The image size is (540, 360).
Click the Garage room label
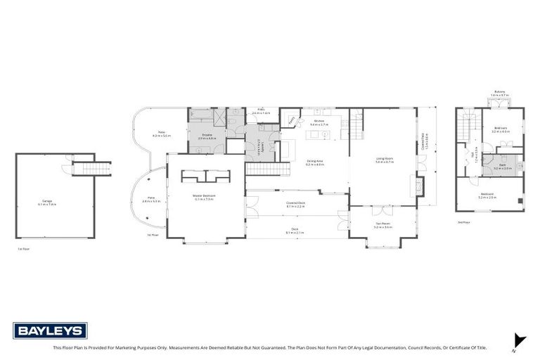(x=47, y=202)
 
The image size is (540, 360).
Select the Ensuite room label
(x=207, y=135)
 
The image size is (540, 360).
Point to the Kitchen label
(x=319, y=122)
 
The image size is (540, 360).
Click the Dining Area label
(x=314, y=163)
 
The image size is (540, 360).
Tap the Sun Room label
(x=382, y=225)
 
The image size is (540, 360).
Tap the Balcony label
(x=499, y=92)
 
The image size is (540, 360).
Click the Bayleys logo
(x=50, y=330)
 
